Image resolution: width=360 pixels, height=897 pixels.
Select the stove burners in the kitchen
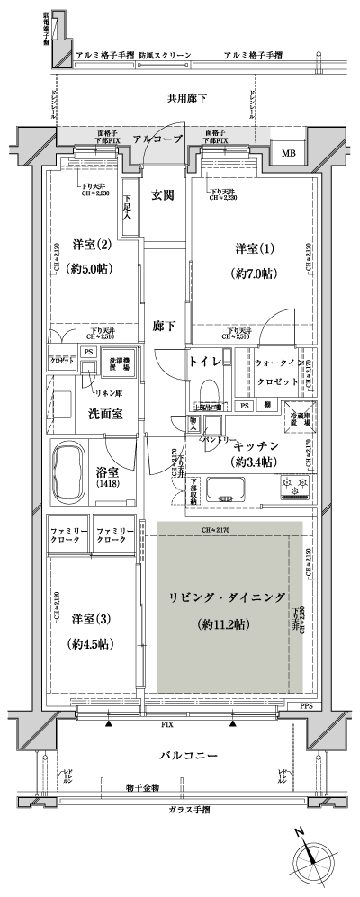click(x=297, y=485)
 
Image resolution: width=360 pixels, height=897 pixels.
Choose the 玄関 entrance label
click(x=163, y=194)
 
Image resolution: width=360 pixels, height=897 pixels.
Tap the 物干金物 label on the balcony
click(x=143, y=788)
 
